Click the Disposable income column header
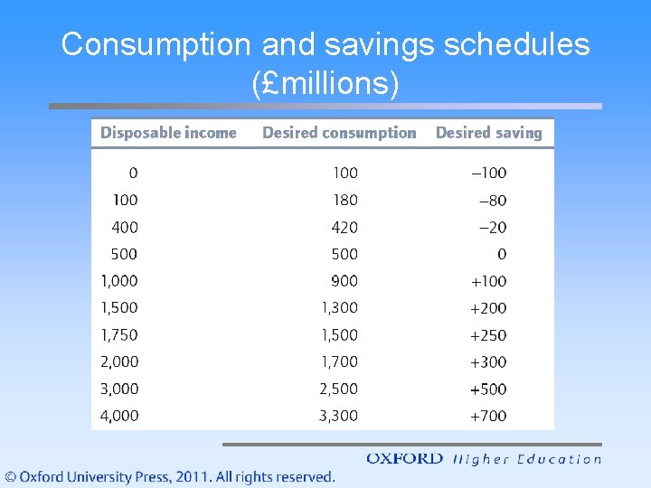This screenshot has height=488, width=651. pos(168,133)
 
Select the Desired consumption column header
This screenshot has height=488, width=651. pos(339,133)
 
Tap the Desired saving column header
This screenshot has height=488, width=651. pos(488,133)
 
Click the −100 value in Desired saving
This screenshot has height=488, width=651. pos(488,173)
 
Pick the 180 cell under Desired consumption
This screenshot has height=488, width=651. pos(344,200)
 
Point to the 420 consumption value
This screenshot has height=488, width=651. pos(344,227)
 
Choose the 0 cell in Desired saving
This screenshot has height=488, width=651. pos(502,254)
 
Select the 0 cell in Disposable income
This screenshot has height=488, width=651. pos(133,173)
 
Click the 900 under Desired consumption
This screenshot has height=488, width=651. pos(344,281)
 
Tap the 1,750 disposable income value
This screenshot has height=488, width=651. pos(119,335)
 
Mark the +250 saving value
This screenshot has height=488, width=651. pos(488,335)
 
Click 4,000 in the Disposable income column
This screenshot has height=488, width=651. pos(119,417)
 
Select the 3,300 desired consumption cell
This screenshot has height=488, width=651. pos(339,417)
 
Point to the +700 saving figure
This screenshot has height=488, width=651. pos(488,417)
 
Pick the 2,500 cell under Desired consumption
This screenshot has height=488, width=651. pos(339,389)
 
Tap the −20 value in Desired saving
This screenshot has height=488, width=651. pos(492,227)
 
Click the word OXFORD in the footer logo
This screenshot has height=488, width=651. pos(404,459)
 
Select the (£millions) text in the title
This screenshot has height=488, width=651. pos(325,83)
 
